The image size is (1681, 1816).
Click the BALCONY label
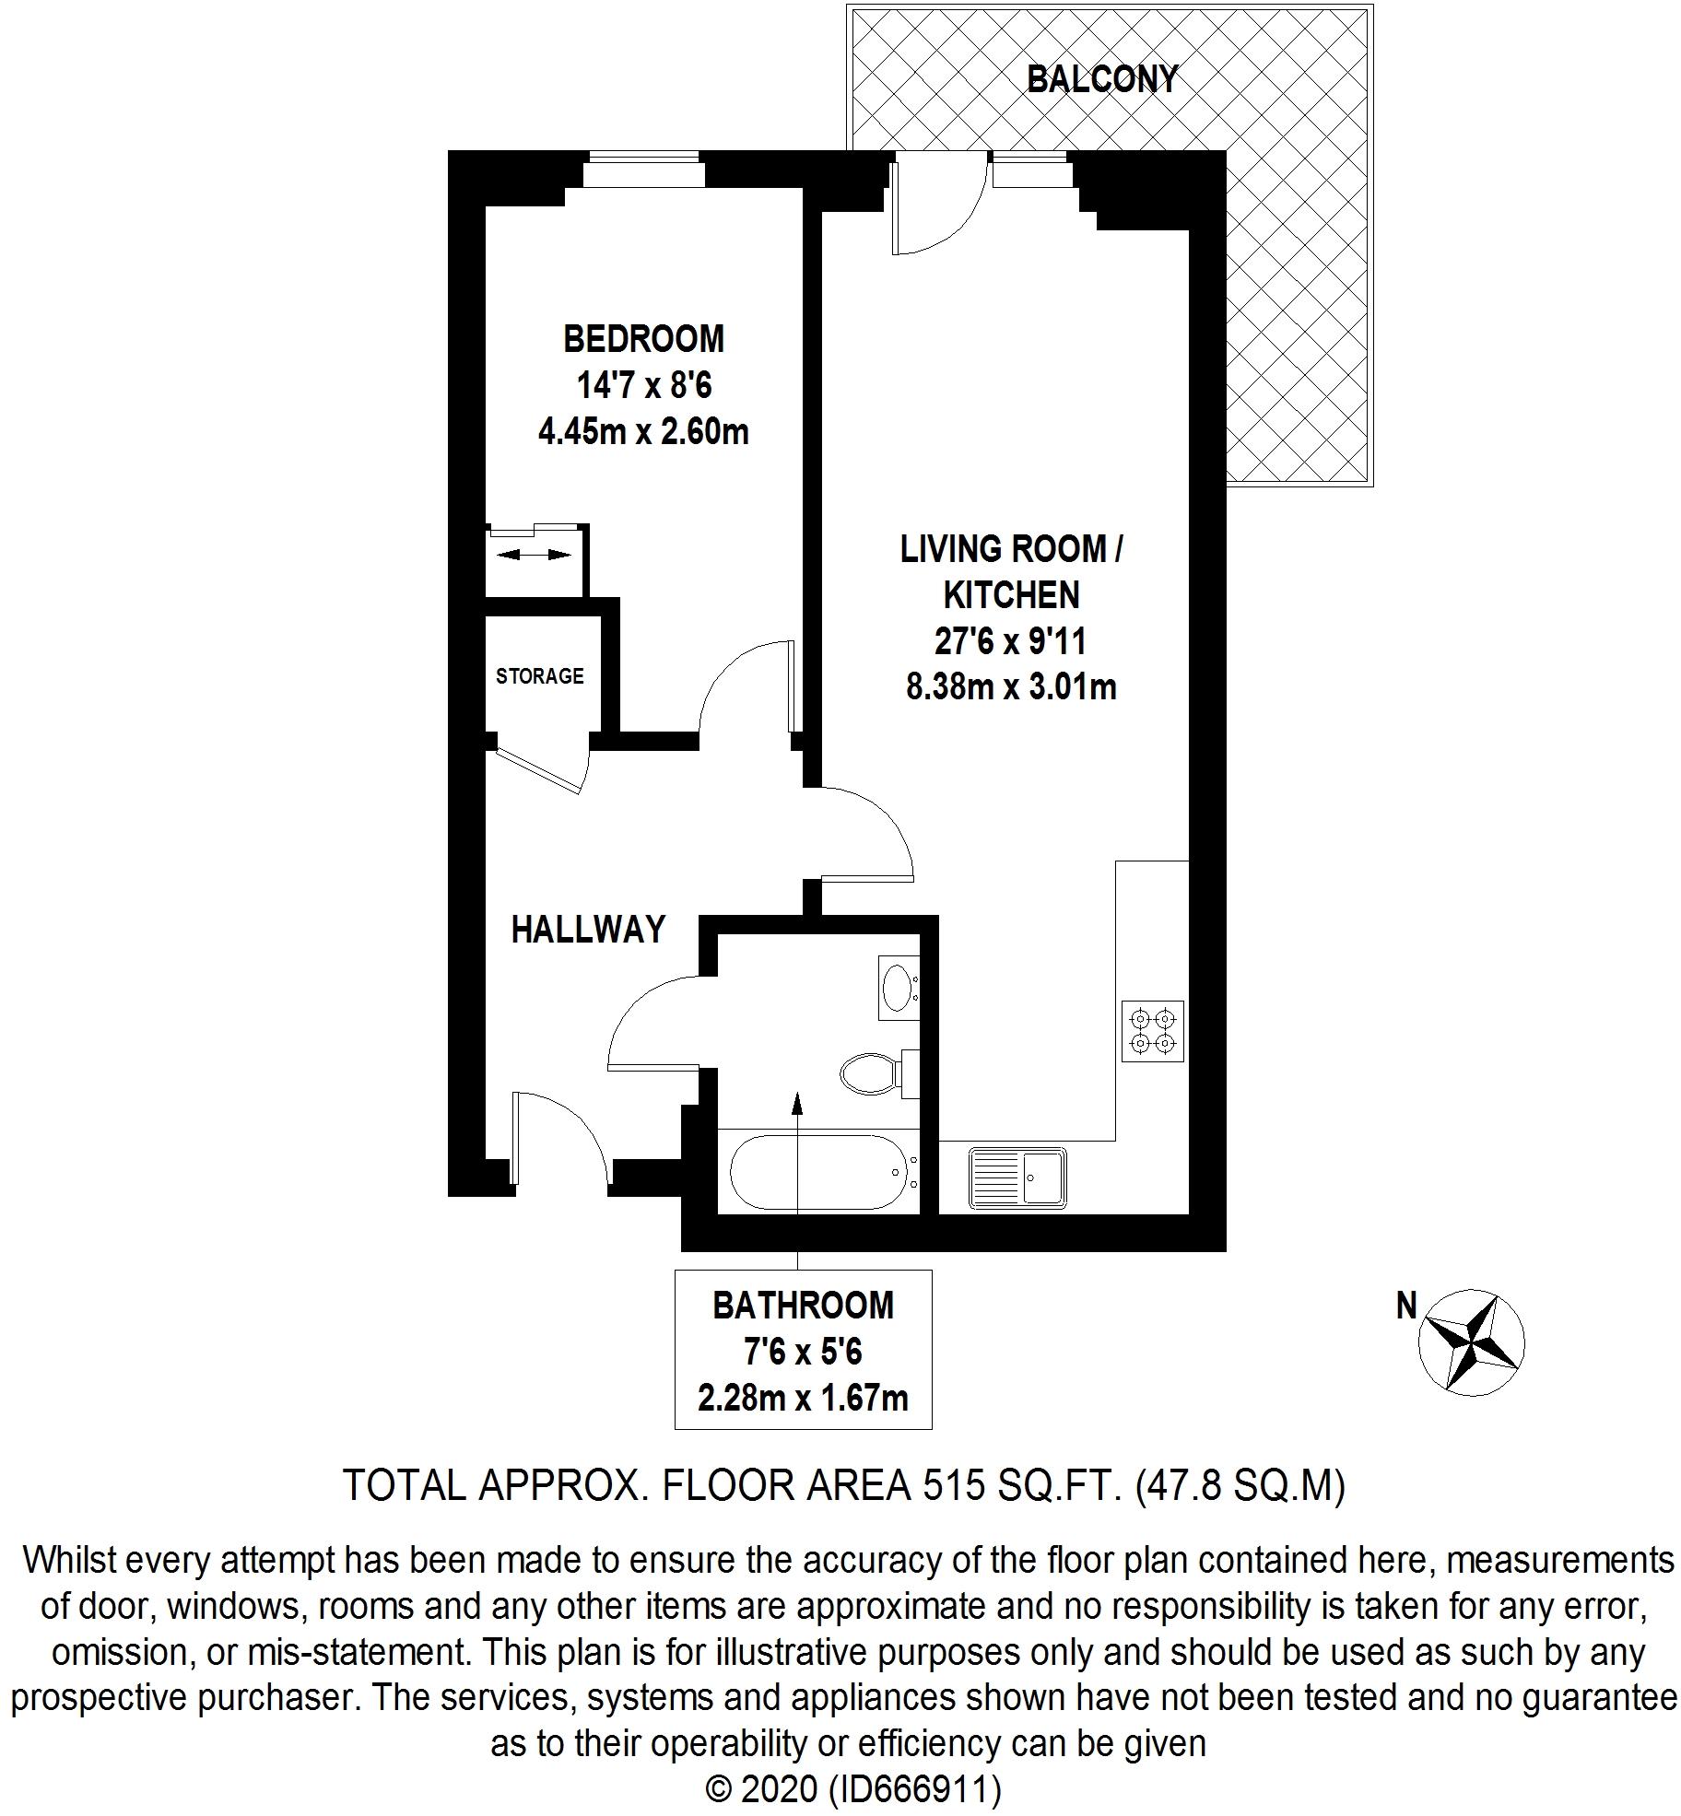pyautogui.click(x=1102, y=79)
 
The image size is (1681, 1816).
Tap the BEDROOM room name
pyautogui.click(x=643, y=339)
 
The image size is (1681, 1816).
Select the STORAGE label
pyautogui.click(x=539, y=676)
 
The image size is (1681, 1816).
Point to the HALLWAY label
pyautogui.click(x=588, y=929)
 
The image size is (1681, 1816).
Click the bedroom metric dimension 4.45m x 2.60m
pyautogui.click(x=643, y=431)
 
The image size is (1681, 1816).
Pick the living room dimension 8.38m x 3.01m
pyautogui.click(x=1011, y=686)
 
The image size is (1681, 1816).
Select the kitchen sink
pyautogui.click(x=1017, y=1177)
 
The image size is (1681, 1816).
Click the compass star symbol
pyautogui.click(x=1471, y=1341)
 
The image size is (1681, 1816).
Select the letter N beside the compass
pyautogui.click(x=1406, y=1306)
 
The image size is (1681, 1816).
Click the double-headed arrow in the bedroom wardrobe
pyautogui.click(x=534, y=555)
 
